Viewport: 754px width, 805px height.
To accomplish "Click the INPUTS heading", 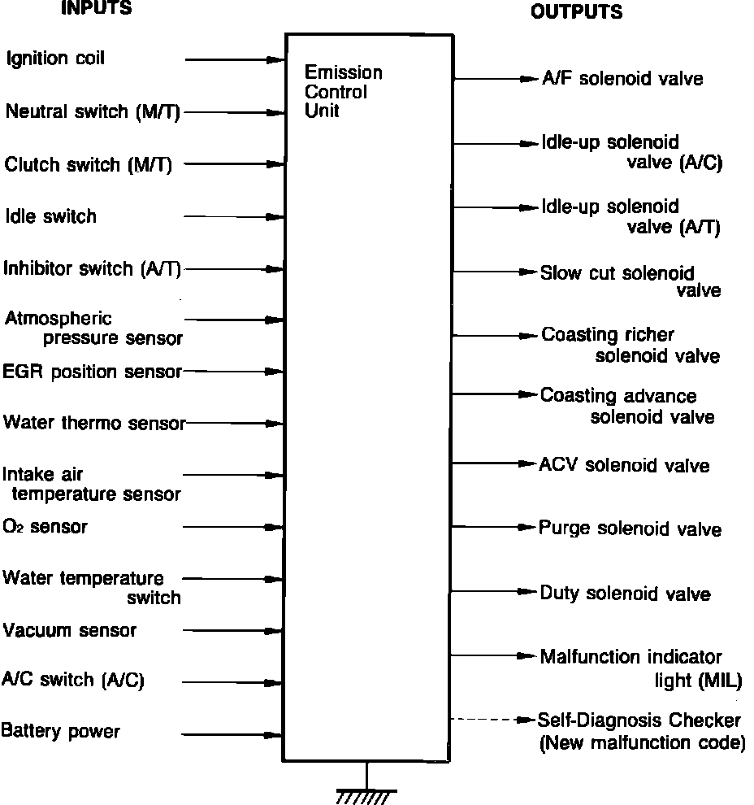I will pos(96,9).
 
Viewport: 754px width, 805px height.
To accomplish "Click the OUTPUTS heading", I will pos(576,12).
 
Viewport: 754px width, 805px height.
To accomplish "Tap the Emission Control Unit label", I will pos(343,92).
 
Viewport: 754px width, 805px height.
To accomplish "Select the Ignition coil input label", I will pos(55,59).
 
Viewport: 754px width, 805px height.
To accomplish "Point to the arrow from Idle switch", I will pos(234,217).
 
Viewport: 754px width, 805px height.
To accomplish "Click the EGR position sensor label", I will pos(92,372).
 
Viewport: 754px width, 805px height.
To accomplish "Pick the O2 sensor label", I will pos(45,527).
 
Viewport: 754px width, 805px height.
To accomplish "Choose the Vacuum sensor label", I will pos(69,630).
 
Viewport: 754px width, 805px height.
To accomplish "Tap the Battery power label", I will pos(60,731).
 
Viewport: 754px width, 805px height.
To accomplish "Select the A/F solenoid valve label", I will pos(622,79).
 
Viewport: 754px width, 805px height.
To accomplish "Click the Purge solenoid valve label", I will pos(630,529).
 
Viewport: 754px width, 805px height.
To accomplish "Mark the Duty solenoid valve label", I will pos(625,594).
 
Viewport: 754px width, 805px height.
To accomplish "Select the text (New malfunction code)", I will pos(642,742).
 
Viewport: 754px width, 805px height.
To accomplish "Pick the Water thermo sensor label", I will pos(94,423).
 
